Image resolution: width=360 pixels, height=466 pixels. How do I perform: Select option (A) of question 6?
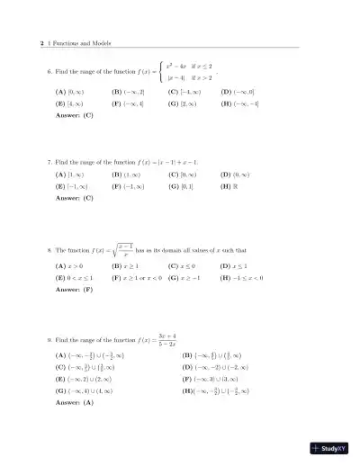point(67,92)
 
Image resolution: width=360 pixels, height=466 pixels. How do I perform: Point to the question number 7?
point(49,163)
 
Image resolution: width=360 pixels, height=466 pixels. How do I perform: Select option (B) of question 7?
point(124,175)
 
